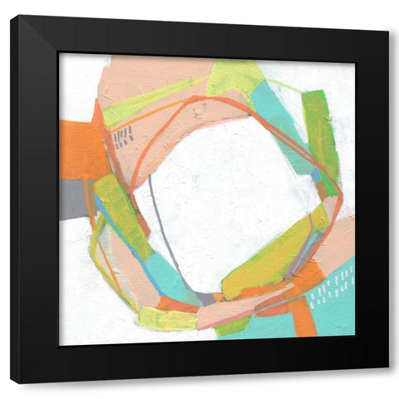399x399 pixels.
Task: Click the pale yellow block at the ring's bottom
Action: coord(166,319)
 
